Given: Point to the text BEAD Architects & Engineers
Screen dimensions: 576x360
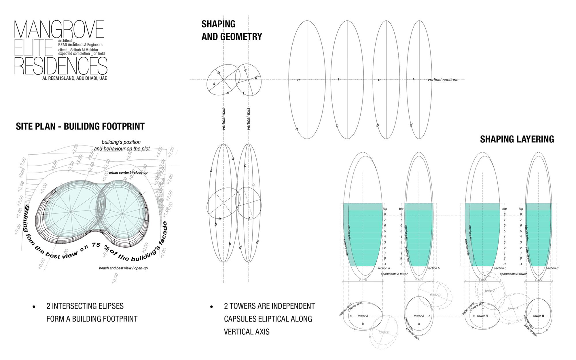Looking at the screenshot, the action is click(x=80, y=45).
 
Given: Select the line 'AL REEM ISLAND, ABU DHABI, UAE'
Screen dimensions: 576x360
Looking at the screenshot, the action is click(x=75, y=78).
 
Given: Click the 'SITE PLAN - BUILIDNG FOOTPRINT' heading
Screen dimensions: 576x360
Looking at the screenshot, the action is click(x=80, y=126).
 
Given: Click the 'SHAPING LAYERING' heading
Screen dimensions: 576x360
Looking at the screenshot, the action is click(x=517, y=139).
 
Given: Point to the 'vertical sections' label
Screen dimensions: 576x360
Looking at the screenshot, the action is click(x=443, y=80).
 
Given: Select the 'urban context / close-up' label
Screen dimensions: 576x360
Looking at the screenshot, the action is click(x=128, y=173).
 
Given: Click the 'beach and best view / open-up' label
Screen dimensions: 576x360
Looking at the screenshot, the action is click(x=123, y=268).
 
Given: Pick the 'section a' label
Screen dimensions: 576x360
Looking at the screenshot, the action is click(x=384, y=268).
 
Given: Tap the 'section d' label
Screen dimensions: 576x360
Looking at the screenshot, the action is click(x=552, y=268).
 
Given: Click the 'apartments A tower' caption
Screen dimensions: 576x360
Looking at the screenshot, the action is click(x=394, y=274).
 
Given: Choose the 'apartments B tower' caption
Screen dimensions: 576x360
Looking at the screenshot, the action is click(x=513, y=274).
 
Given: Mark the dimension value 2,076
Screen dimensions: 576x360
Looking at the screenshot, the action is click(x=363, y=280).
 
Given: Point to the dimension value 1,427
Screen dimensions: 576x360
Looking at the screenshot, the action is click(x=539, y=280).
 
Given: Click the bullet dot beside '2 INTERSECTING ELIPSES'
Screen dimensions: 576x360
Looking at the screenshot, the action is click(x=34, y=306).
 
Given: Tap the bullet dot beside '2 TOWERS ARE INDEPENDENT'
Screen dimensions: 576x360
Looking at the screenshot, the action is click(x=212, y=306).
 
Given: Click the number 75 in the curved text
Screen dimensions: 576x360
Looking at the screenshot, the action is click(x=96, y=245).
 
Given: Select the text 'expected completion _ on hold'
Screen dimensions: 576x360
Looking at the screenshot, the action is click(x=81, y=54).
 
